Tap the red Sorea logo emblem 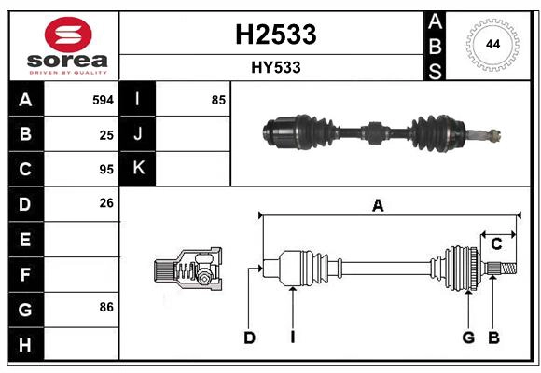click(x=67, y=35)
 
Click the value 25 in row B click(x=106, y=134)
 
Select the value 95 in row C click(x=106, y=169)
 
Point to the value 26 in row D click(x=106, y=203)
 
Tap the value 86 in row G click(x=106, y=307)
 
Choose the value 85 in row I click(x=218, y=100)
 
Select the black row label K click(x=138, y=169)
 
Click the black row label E click(x=25, y=239)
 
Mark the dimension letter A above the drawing click(x=378, y=206)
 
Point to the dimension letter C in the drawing click(x=496, y=243)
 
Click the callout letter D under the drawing click(x=249, y=338)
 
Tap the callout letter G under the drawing click(x=468, y=338)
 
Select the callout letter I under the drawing click(x=292, y=338)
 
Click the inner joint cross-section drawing click(x=188, y=270)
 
